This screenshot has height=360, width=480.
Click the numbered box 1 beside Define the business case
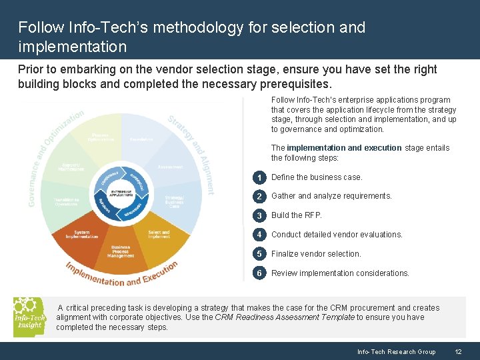click(x=259, y=177)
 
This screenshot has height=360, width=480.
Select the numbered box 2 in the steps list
click(x=259, y=196)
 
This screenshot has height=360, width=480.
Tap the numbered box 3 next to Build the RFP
click(x=259, y=215)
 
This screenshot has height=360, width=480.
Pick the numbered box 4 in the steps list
click(x=259, y=235)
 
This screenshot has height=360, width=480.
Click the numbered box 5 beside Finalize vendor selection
click(x=259, y=254)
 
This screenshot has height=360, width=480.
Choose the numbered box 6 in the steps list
click(x=259, y=273)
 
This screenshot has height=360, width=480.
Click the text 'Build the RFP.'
click(x=296, y=215)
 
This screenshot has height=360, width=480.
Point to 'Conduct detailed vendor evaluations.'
click(x=337, y=235)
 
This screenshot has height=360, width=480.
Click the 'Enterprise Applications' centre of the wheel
click(x=121, y=193)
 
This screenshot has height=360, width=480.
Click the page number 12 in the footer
click(x=458, y=351)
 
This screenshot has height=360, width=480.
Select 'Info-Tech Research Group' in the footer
click(x=396, y=351)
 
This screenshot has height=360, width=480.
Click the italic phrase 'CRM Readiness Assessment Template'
click(x=285, y=317)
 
